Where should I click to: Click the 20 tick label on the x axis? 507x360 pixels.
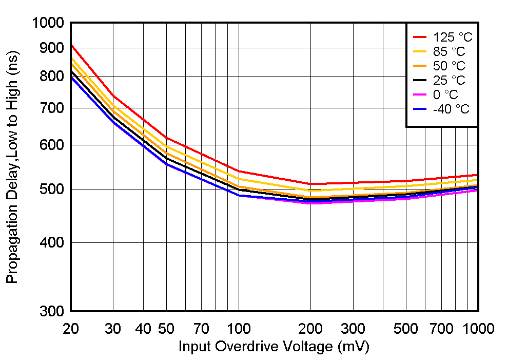pyautogui.click(x=70, y=328)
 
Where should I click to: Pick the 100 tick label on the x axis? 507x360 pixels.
pyautogui.click(x=239, y=328)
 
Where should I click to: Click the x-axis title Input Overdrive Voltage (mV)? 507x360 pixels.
pyautogui.click(x=274, y=347)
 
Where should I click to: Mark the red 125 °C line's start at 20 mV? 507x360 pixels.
pyautogui.click(x=71, y=45)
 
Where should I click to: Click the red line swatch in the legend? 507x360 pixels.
pyautogui.click(x=420, y=37)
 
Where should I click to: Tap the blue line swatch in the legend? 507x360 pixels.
pyautogui.click(x=420, y=109)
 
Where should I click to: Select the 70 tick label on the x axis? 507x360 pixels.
pyautogui.click(x=202, y=328)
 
